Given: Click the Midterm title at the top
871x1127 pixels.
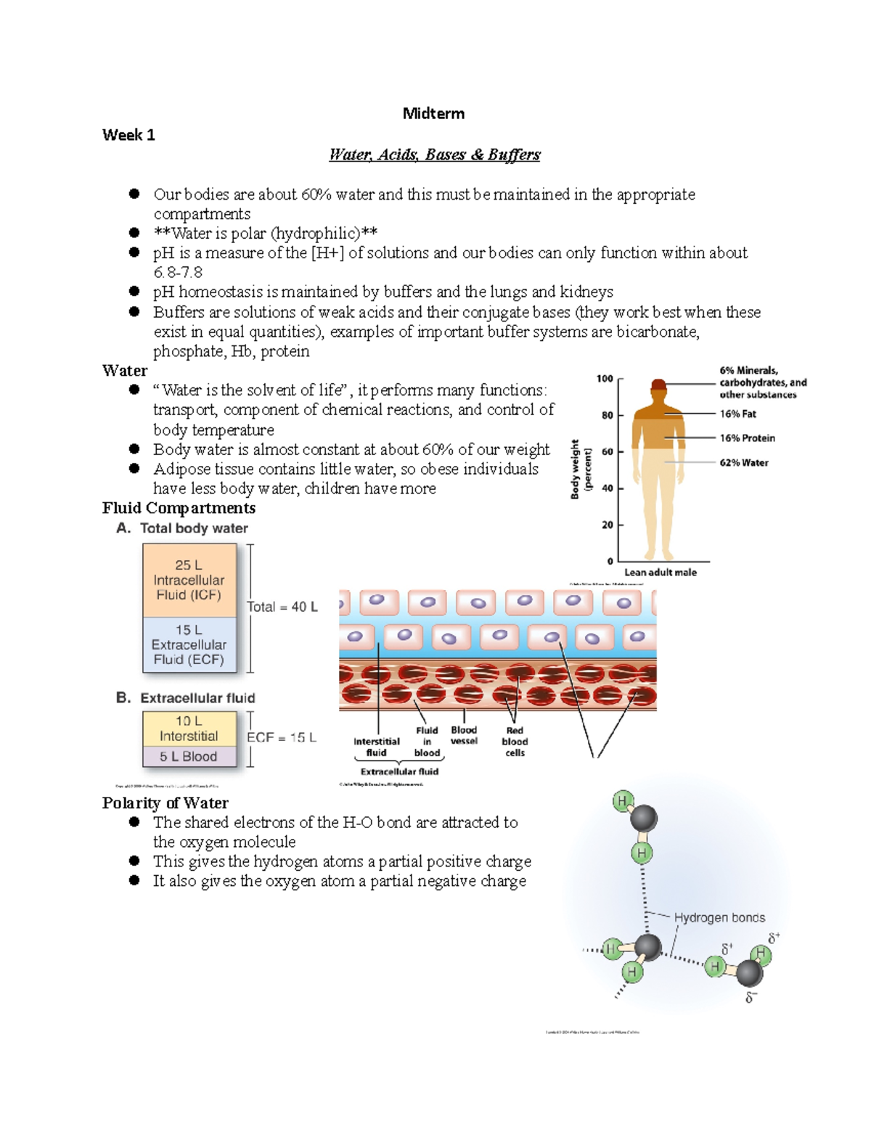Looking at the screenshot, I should click(433, 113).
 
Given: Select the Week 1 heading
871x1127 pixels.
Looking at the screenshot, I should click(128, 134).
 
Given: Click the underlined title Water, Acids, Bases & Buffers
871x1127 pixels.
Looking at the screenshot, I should click(434, 155).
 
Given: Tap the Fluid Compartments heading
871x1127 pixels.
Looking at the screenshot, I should click(179, 508).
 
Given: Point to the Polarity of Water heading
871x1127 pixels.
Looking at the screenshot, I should click(165, 803).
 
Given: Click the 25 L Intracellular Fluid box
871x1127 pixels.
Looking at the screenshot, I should click(189, 580).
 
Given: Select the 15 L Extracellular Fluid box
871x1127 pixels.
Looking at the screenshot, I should click(189, 644).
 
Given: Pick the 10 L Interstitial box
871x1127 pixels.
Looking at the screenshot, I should click(189, 728).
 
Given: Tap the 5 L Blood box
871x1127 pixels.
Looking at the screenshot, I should click(189, 756).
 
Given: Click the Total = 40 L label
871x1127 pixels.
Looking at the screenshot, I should click(282, 607).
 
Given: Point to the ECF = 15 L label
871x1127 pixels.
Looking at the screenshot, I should click(282, 737).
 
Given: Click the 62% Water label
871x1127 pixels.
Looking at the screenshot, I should click(743, 462).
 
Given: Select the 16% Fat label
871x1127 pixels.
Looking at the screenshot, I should click(737, 414).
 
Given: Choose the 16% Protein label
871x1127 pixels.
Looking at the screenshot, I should click(747, 438).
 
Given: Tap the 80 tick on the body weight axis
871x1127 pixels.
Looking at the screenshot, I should click(607, 415).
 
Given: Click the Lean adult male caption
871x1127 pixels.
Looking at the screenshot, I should click(660, 572).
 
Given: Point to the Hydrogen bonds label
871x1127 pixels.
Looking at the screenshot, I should click(719, 917).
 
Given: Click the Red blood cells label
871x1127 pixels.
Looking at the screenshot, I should click(515, 742).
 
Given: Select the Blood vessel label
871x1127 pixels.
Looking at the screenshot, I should click(464, 735).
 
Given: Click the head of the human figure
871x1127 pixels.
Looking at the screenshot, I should click(658, 385).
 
